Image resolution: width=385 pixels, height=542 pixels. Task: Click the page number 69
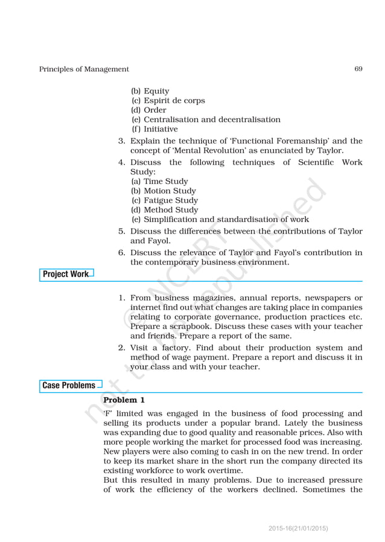coord(358,69)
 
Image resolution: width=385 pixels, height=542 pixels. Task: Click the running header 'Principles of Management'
coord(84,69)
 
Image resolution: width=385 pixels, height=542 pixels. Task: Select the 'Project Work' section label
coord(65,275)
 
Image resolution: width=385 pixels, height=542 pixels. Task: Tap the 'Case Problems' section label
coord(69,385)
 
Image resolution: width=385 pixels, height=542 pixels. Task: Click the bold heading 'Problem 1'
coord(124,400)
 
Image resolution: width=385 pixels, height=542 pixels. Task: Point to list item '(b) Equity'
coord(150,91)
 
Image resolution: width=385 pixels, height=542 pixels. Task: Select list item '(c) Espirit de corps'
coord(168,101)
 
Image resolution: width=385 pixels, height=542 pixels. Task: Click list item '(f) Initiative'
coord(154,129)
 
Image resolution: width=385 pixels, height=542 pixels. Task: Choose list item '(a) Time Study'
coord(159,181)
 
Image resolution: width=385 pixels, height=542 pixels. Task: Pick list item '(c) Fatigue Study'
coord(164,200)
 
